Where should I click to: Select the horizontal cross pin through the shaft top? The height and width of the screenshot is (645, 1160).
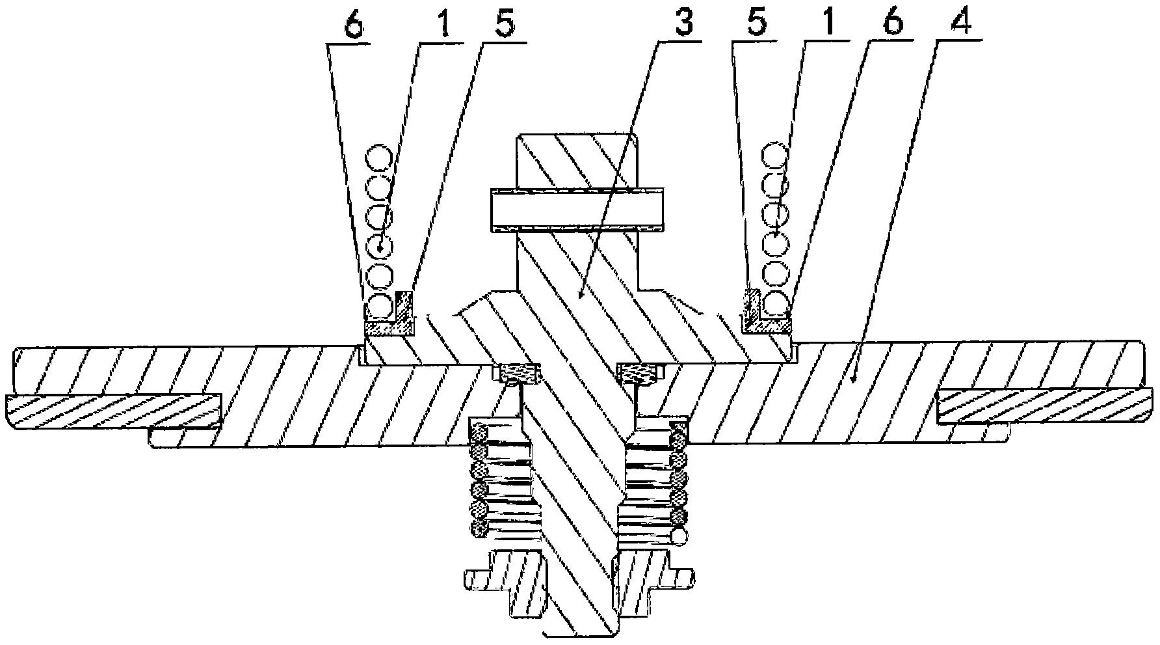point(579,211)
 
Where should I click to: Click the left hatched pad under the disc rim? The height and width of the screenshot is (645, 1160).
point(114,411)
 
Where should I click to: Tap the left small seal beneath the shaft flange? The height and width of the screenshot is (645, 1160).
point(516,374)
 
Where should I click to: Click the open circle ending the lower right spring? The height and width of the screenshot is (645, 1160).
point(679,536)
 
